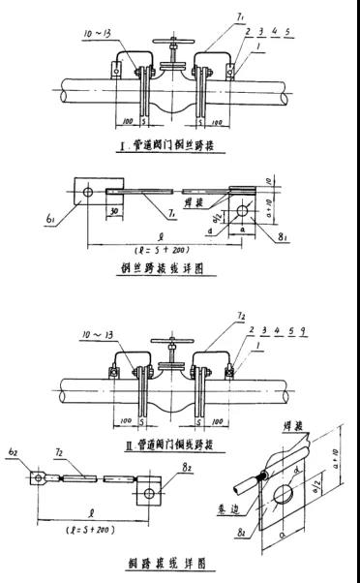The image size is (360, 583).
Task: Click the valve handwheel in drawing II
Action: click(169, 345)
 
